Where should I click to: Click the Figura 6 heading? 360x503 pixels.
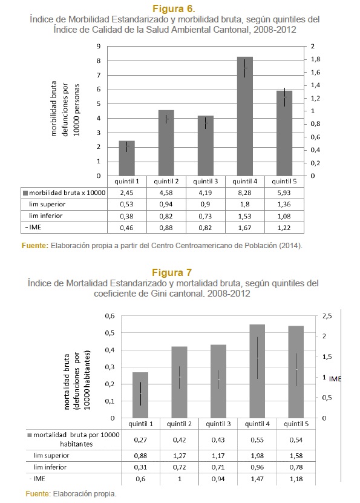point(174,8)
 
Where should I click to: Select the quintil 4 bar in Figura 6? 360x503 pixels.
point(245,116)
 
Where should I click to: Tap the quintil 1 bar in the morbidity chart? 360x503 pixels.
point(126,158)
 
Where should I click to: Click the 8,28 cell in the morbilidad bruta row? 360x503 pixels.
point(244,193)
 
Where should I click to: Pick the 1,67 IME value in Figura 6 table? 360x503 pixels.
point(244,228)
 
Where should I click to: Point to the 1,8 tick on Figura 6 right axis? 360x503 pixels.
point(315,59)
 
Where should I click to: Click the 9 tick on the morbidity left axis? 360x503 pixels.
point(99,46)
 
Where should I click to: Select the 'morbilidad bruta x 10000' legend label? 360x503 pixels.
point(67,193)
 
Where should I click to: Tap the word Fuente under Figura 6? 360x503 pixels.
point(35,246)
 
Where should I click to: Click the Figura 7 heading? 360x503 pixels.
point(172,272)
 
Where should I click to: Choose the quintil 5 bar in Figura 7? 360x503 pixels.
point(296,372)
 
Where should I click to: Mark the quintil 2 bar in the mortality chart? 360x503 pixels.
point(179,382)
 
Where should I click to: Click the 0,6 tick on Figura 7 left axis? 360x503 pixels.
point(110,316)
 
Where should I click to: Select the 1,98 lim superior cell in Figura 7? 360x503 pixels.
point(257,456)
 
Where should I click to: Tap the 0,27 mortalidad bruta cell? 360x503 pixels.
point(140,440)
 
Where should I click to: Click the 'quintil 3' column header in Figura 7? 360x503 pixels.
point(218,424)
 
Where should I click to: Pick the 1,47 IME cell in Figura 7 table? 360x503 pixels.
point(257,479)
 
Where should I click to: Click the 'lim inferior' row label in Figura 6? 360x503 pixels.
point(45,216)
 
